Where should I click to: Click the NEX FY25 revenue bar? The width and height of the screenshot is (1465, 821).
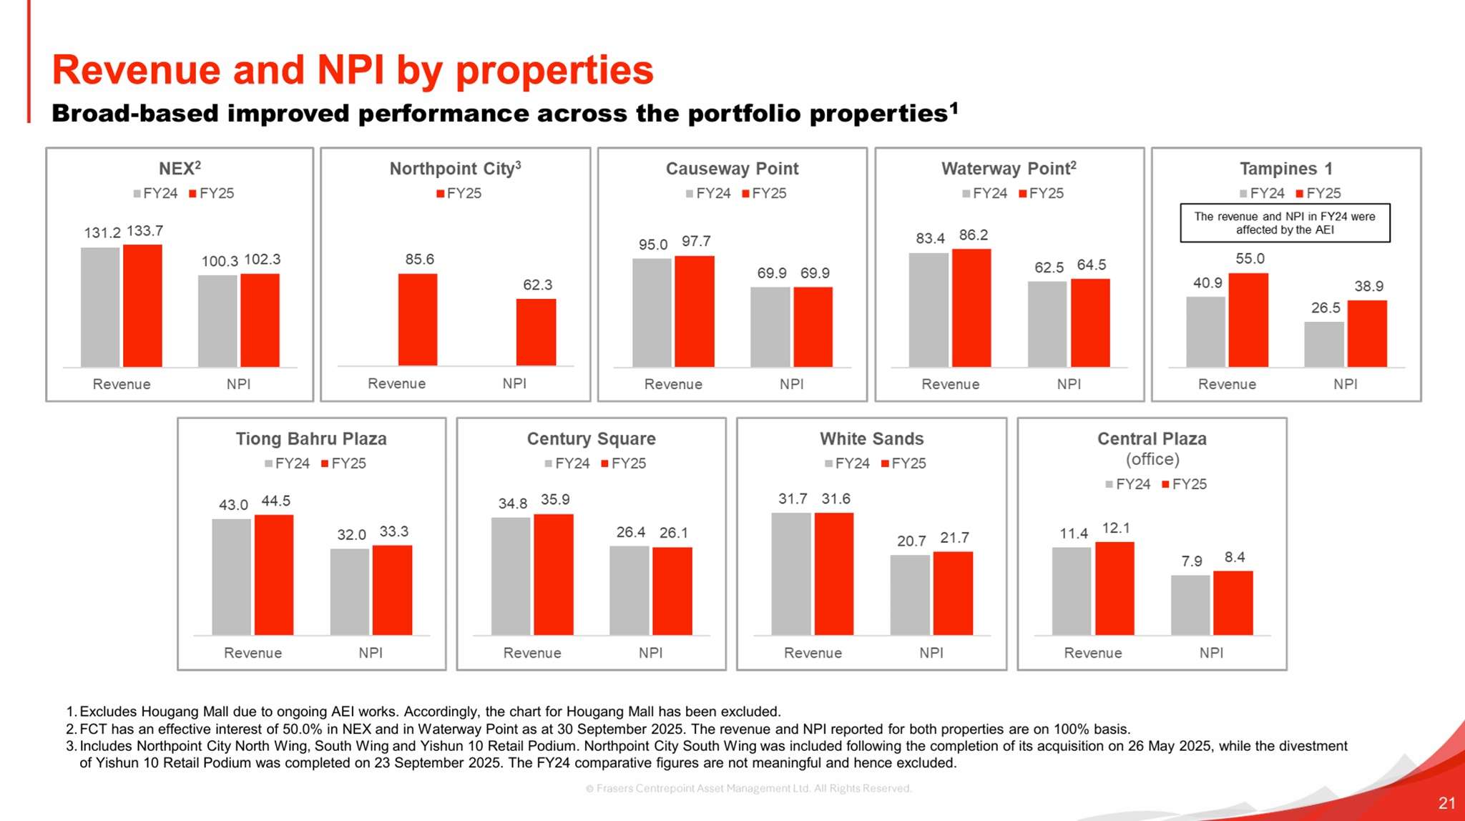click(142, 305)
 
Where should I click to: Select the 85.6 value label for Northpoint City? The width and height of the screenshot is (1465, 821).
click(419, 259)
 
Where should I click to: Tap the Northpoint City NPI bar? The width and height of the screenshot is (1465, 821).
click(536, 332)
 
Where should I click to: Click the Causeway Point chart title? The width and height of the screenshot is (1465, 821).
click(732, 169)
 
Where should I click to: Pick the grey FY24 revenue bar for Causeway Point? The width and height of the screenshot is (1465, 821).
click(652, 313)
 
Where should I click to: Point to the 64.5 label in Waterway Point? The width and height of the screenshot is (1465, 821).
click(1092, 265)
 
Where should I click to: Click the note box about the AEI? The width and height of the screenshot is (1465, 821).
click(1285, 223)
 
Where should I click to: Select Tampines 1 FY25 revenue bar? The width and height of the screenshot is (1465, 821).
click(1248, 320)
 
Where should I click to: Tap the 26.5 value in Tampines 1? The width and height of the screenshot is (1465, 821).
click(1326, 308)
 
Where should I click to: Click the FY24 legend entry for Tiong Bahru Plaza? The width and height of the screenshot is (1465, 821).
click(287, 463)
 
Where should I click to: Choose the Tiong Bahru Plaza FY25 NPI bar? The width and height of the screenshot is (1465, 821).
click(392, 590)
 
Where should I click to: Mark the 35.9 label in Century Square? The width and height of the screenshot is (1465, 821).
click(555, 499)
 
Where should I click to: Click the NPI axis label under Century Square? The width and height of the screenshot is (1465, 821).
click(650, 652)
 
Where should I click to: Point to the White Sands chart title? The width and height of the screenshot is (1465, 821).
click(871, 438)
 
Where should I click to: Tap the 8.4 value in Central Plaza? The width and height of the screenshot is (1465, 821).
click(1235, 557)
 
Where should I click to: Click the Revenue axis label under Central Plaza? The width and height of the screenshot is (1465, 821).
click(1092, 652)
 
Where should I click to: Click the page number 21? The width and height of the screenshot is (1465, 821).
click(1446, 802)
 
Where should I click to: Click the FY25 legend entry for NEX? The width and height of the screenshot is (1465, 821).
click(212, 193)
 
